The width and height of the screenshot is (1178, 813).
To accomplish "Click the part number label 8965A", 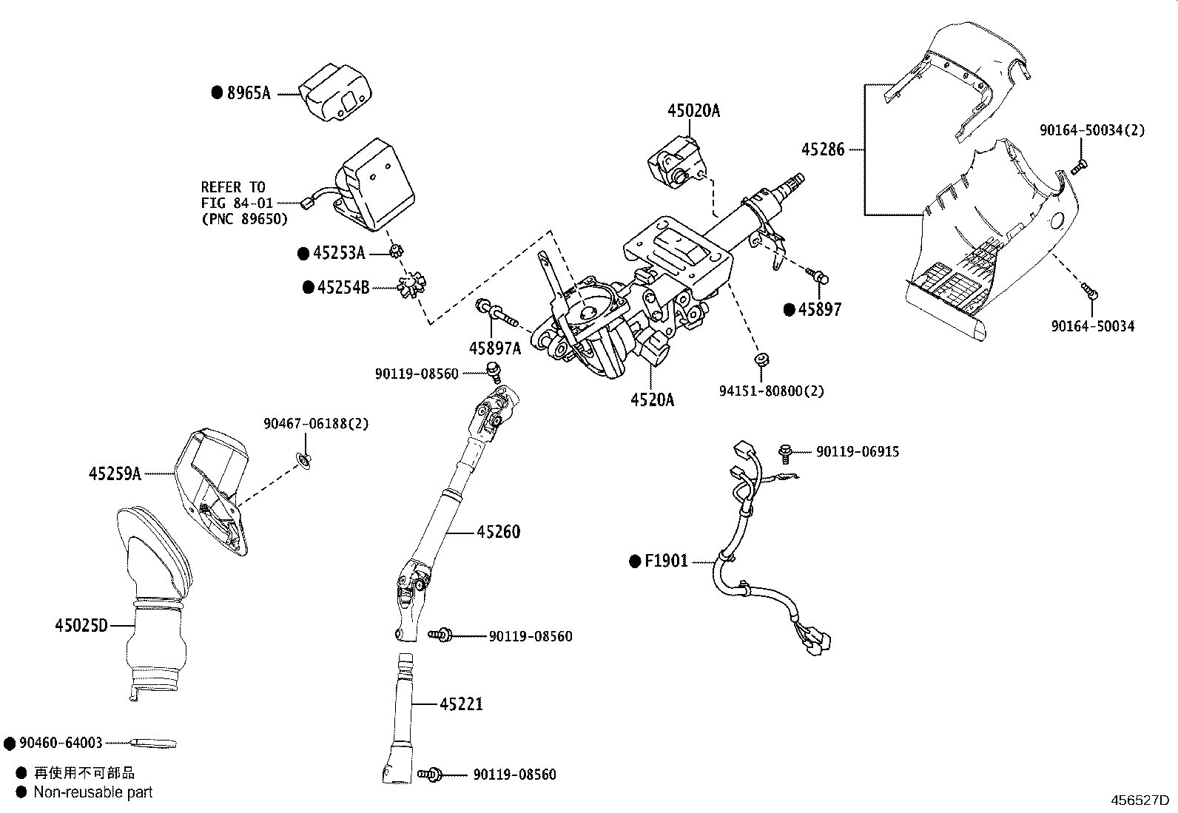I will [x=249, y=92].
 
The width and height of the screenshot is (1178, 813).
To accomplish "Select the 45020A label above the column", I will [x=693, y=111].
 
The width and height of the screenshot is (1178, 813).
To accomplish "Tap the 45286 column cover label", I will [x=822, y=149].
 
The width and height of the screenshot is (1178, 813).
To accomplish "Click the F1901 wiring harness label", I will [x=666, y=561].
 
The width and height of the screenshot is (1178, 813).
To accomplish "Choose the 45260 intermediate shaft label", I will [x=498, y=531].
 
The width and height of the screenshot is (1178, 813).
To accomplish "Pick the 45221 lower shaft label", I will [x=461, y=704].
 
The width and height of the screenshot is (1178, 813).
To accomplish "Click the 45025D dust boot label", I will [x=81, y=626].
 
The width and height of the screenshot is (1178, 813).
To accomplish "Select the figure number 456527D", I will [x=1140, y=800].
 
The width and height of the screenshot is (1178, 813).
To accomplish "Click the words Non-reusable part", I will [x=93, y=792].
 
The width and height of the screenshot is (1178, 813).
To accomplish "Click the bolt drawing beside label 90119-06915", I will [x=786, y=451].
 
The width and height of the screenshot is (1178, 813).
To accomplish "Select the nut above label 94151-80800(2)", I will [x=759, y=360].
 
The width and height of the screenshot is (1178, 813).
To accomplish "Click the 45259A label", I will [x=115, y=473].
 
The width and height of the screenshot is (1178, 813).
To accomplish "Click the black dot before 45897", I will [x=790, y=309].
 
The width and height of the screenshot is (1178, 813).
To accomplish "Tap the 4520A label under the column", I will [x=652, y=399].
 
